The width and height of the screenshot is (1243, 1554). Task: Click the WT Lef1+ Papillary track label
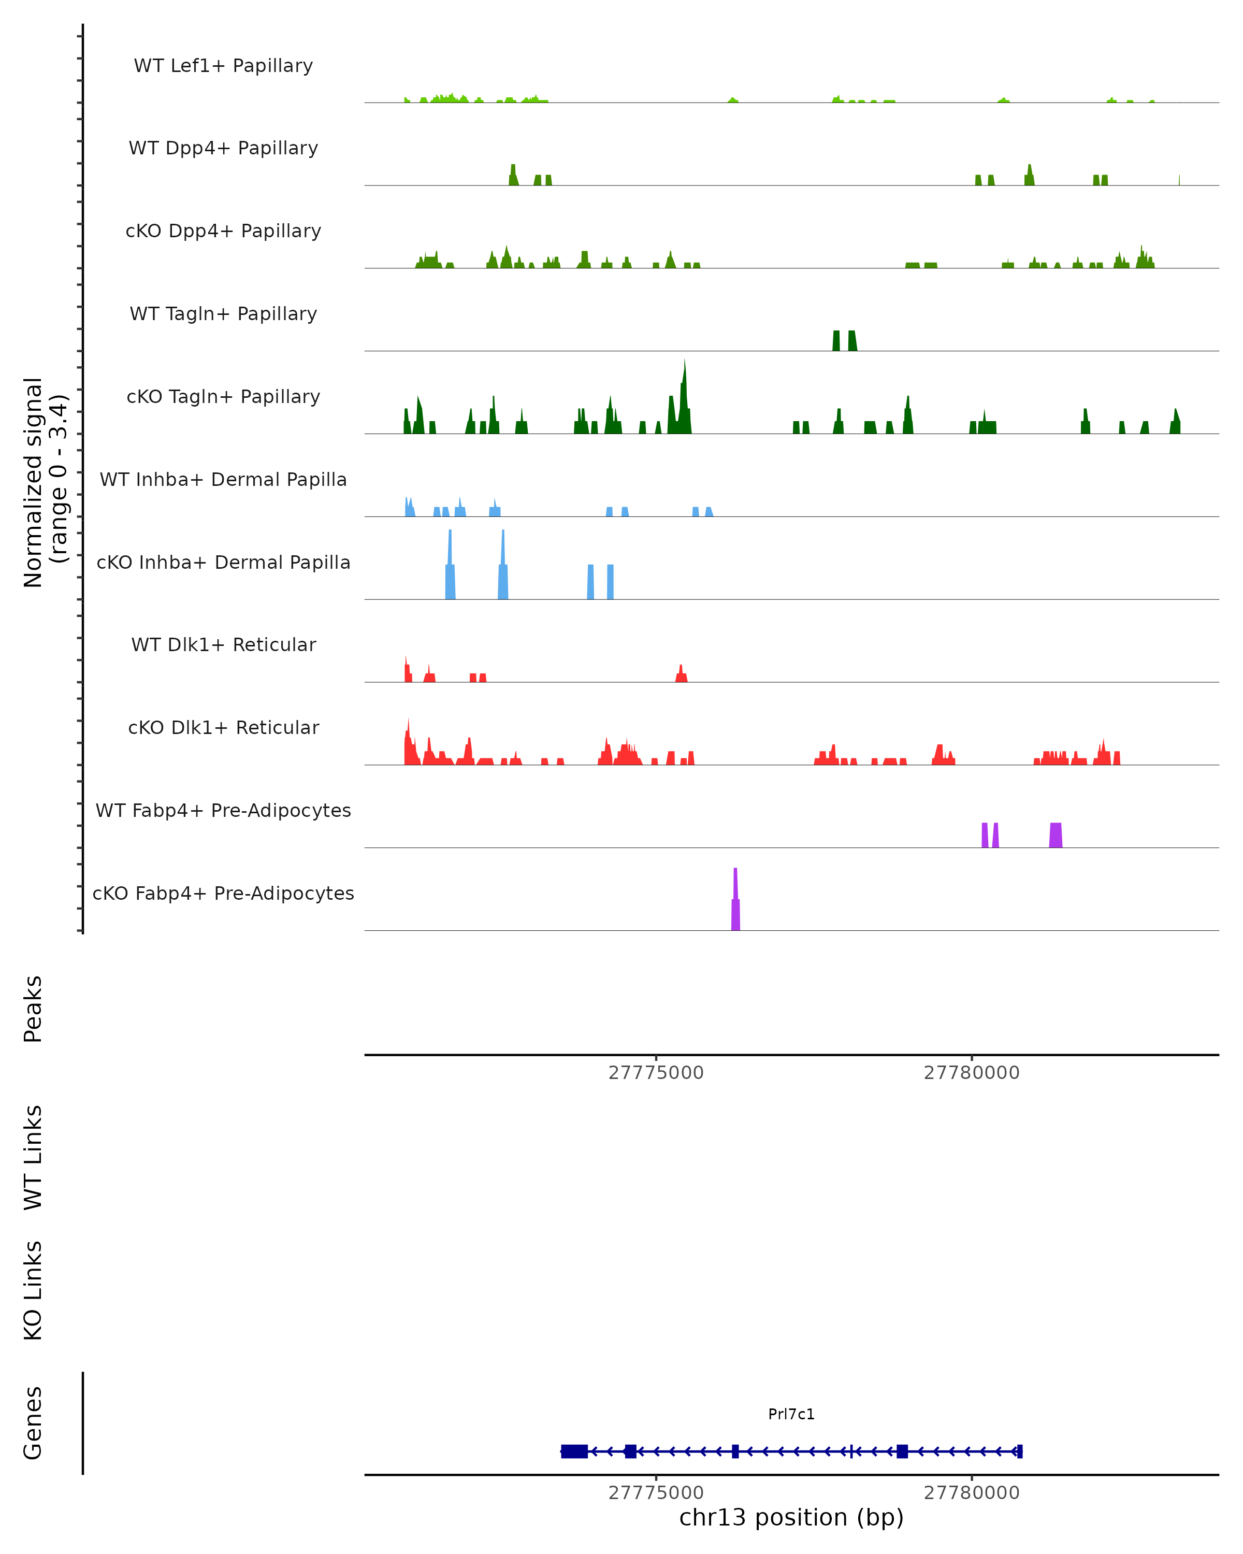pyautogui.click(x=223, y=66)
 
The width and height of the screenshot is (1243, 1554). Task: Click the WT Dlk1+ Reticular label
pyautogui.click(x=223, y=644)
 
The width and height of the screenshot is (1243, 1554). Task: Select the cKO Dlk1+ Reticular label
pyautogui.click(x=223, y=727)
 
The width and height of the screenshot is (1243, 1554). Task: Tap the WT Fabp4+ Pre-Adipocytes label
pyautogui.click(x=223, y=810)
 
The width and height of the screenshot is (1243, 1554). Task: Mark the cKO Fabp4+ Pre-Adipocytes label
pyautogui.click(x=223, y=893)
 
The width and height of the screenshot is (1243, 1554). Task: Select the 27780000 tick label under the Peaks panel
pyautogui.click(x=971, y=1073)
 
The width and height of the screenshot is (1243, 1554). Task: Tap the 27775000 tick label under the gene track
pyautogui.click(x=656, y=1493)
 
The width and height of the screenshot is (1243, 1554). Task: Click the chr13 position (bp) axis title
pyautogui.click(x=791, y=1518)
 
